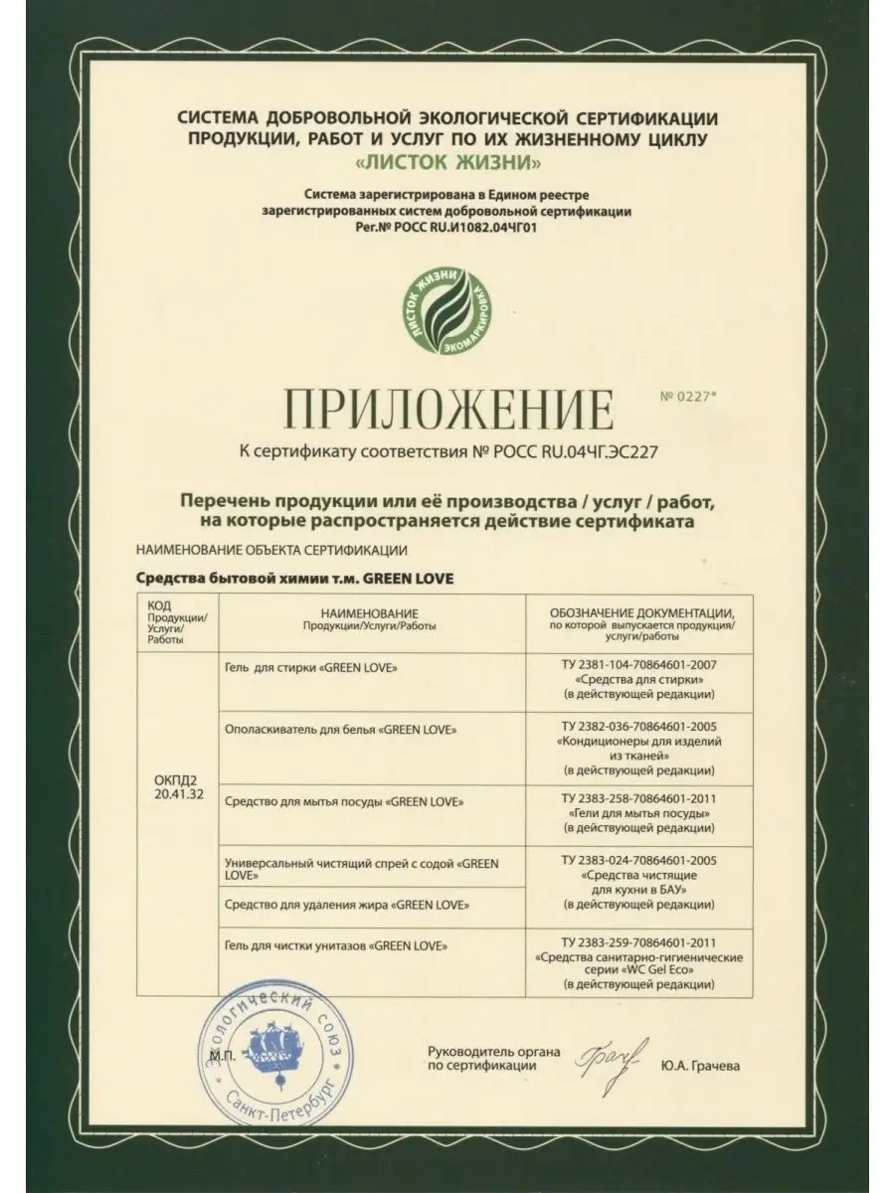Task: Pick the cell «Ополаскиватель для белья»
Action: coord(342,729)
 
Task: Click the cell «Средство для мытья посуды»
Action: coord(344,800)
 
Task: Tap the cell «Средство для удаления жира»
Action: coord(347,905)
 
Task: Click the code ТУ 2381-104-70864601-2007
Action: coord(638,661)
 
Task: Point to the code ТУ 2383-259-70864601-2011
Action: coord(638,939)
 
